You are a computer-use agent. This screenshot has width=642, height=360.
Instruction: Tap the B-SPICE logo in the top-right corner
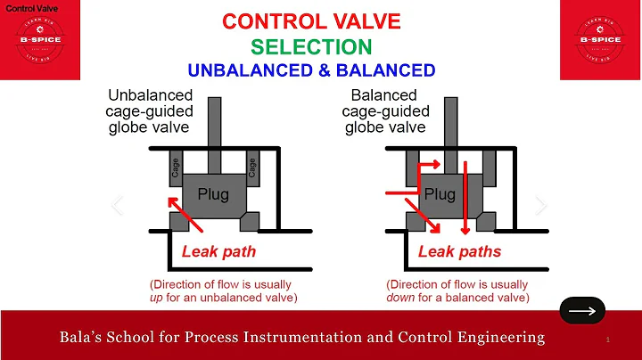(598, 40)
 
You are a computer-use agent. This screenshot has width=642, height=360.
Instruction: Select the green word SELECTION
(320, 45)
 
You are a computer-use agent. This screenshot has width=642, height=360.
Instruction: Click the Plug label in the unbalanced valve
(213, 192)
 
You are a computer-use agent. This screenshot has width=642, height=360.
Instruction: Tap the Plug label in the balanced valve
(439, 193)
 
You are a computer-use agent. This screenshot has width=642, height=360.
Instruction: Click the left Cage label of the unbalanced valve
(176, 167)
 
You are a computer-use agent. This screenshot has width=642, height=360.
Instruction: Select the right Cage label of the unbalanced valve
(253, 167)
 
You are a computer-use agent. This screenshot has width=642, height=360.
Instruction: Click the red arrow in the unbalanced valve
(185, 219)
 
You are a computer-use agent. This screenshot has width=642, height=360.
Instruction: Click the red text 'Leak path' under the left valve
(218, 251)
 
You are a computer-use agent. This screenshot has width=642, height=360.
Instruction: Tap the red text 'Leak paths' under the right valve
(459, 251)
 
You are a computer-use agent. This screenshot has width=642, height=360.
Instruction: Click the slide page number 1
(607, 340)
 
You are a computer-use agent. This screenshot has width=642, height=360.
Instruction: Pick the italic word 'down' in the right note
(403, 297)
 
